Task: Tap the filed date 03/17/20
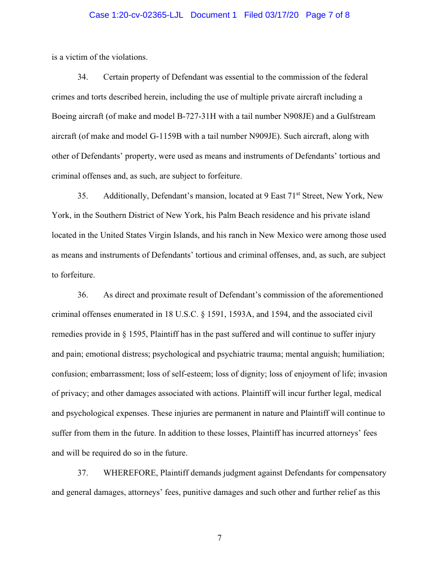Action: tap(283, 15)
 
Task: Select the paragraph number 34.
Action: tap(83, 77)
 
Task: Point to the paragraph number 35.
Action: tap(83, 196)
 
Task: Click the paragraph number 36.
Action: tap(83, 295)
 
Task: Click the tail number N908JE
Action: tap(275, 116)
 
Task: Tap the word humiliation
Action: tap(364, 354)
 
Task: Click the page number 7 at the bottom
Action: tap(219, 538)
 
